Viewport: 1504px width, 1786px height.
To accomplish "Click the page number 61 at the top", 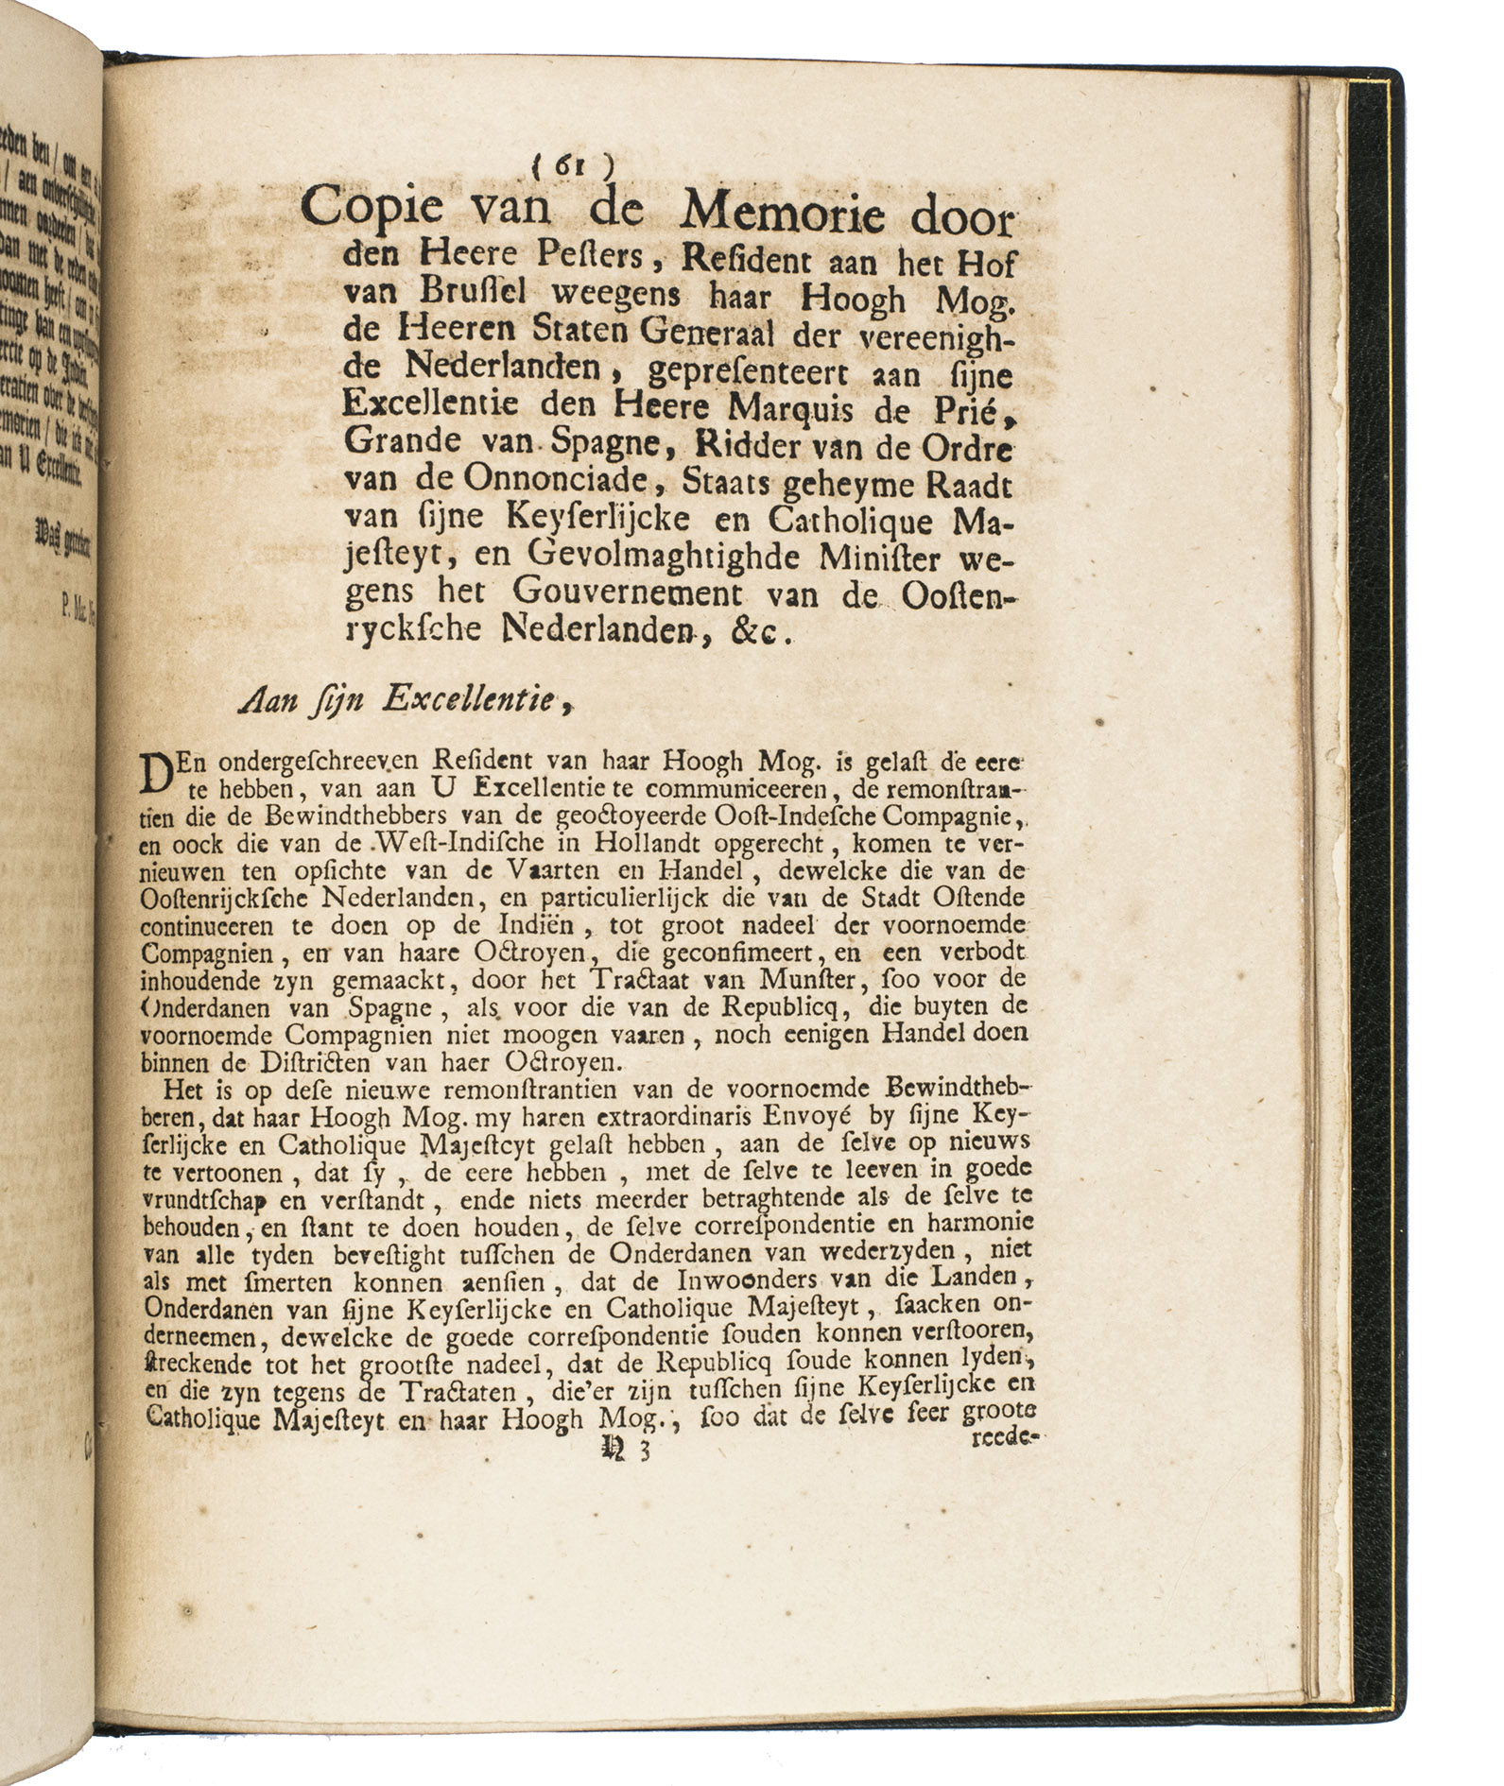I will pos(571,164).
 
